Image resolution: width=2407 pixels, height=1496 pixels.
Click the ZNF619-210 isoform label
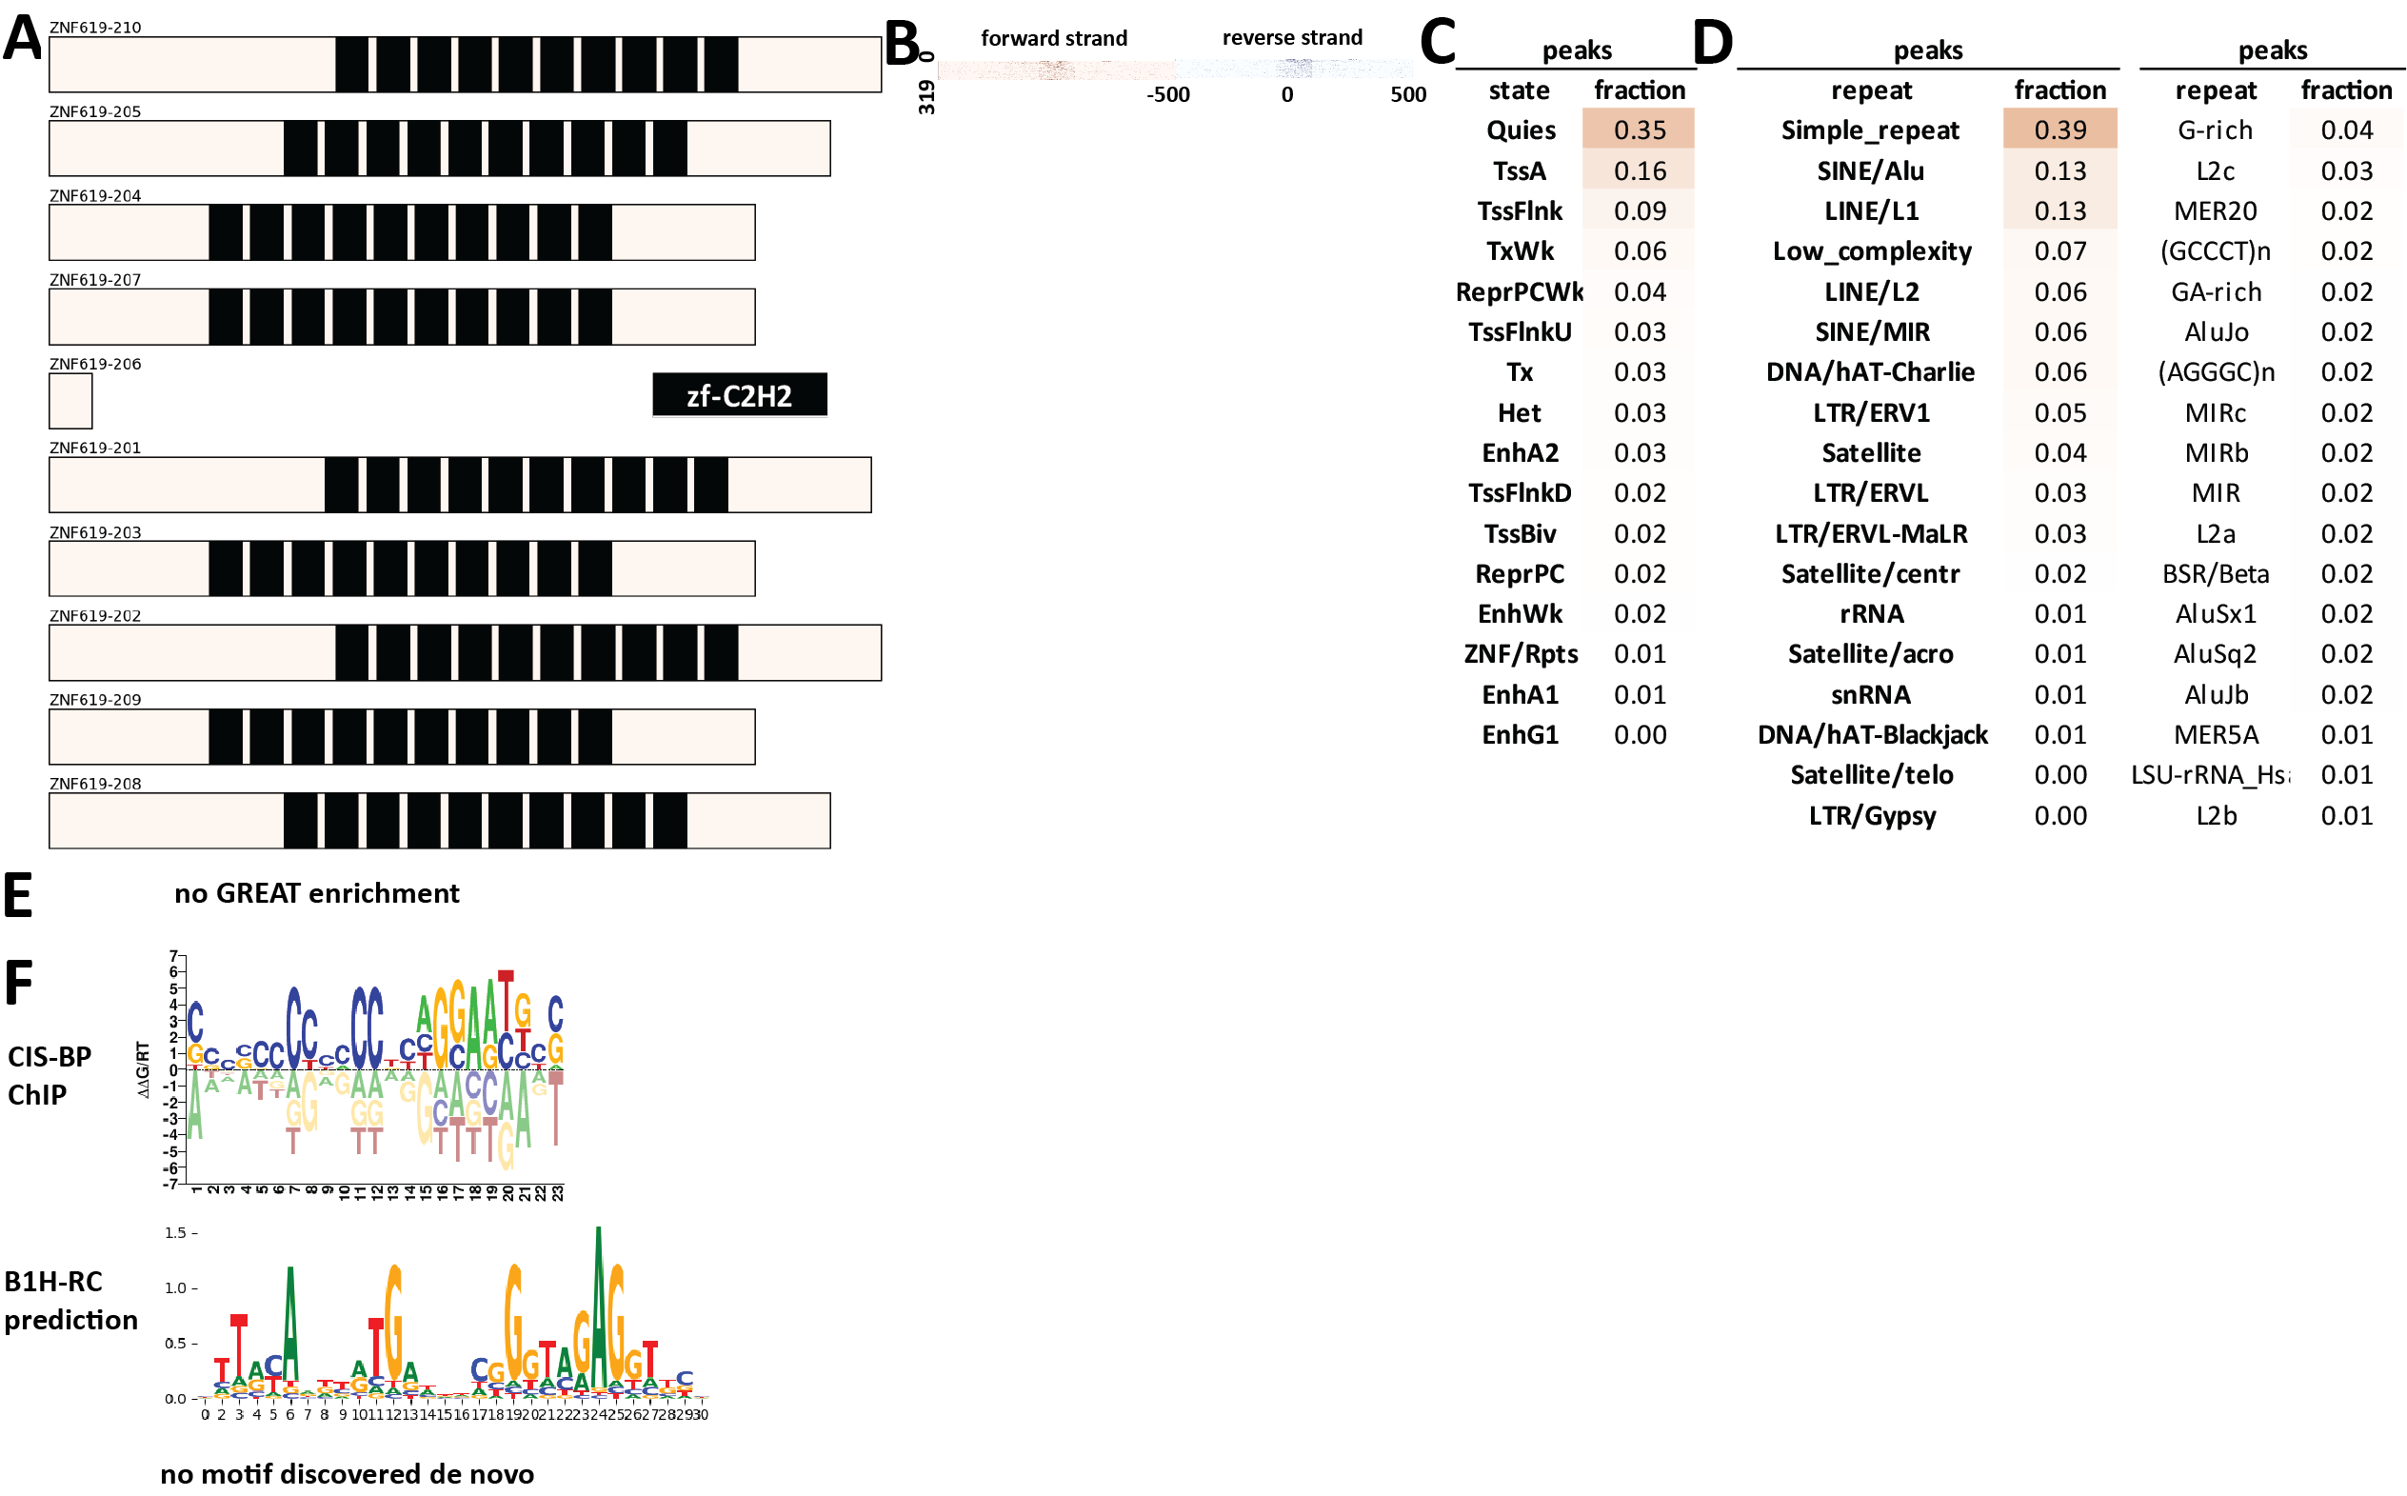[95, 27]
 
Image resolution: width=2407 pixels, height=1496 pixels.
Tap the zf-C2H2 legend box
[739, 396]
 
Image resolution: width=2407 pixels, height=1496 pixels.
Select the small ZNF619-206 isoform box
[70, 401]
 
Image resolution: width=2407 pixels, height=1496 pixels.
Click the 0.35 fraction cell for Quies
[1639, 130]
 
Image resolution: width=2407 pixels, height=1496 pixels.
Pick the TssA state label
[1519, 171]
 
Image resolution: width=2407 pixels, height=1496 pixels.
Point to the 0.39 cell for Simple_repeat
[2059, 130]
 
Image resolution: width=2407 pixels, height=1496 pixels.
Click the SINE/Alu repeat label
[1869, 171]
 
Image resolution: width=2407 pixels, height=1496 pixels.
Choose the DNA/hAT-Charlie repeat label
[1869, 372]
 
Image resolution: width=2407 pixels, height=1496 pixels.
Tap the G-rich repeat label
[2214, 130]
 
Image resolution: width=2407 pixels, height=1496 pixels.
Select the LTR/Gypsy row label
[1871, 815]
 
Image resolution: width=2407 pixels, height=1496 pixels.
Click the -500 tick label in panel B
[1167, 95]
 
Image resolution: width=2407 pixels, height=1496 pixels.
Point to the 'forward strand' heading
[1053, 37]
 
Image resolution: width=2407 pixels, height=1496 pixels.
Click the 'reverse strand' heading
[1291, 37]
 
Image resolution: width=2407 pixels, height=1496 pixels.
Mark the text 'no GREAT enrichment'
[316, 893]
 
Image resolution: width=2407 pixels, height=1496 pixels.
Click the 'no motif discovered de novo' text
[347, 1473]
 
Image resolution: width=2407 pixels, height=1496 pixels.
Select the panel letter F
[19, 983]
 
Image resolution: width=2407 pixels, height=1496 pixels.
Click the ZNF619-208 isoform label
[95, 784]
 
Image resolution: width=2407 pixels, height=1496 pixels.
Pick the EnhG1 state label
[1519, 734]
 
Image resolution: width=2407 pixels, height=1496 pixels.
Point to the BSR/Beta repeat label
[2214, 574]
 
